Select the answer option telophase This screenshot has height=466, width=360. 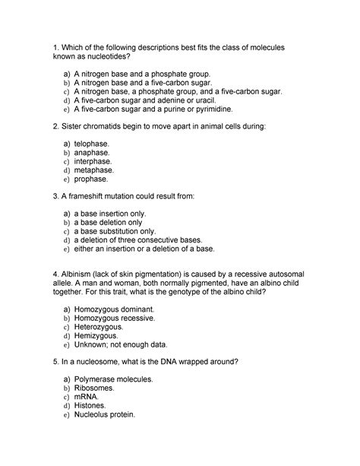pyautogui.click(x=92, y=143)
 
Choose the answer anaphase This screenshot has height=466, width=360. pyautogui.click(x=92, y=152)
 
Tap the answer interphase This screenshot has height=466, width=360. pyautogui.click(x=93, y=161)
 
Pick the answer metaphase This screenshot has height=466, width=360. pyautogui.click(x=93, y=170)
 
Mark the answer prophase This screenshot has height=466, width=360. pyautogui.click(x=91, y=179)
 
